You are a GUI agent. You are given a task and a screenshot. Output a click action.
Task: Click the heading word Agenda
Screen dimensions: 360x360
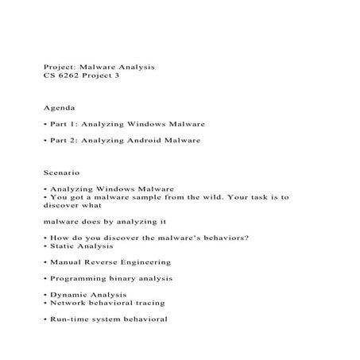(58, 106)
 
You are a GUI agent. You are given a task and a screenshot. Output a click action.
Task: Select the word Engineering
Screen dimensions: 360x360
(143, 261)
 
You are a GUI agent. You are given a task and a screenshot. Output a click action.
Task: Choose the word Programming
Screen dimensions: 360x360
(77, 279)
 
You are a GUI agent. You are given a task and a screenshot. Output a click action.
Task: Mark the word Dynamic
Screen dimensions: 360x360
(67, 295)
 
